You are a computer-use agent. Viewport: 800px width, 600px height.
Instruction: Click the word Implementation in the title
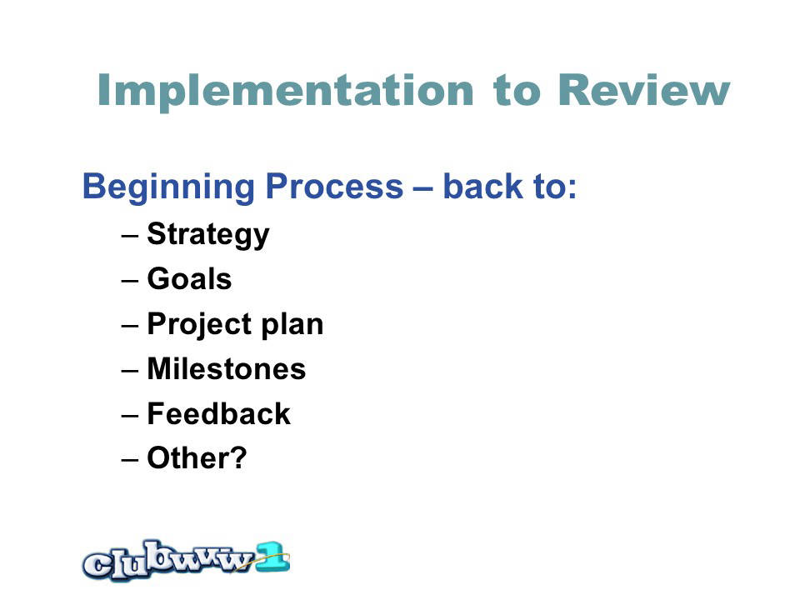pyautogui.click(x=286, y=92)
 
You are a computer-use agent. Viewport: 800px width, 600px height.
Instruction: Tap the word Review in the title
pyautogui.click(x=644, y=90)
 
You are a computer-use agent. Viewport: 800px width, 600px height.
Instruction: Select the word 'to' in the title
pyautogui.click(x=517, y=92)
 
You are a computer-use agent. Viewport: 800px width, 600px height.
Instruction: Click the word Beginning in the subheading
pyautogui.click(x=168, y=187)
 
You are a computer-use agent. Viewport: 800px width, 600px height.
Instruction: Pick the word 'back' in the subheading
pyautogui.click(x=482, y=186)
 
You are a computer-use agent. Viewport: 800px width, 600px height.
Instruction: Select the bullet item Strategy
pyautogui.click(x=208, y=235)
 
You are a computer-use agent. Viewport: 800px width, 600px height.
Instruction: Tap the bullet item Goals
pyautogui.click(x=189, y=278)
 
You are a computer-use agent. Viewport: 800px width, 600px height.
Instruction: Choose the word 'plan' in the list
pyautogui.click(x=292, y=324)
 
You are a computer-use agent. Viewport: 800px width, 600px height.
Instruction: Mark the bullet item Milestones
pyautogui.click(x=227, y=368)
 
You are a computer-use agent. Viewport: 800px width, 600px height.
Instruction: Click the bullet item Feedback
pyautogui.click(x=218, y=413)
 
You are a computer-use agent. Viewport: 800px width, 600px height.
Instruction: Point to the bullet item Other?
pyautogui.click(x=197, y=457)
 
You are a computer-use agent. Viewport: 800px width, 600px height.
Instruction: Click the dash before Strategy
pyautogui.click(x=130, y=236)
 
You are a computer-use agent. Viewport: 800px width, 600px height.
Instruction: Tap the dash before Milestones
pyautogui.click(x=130, y=370)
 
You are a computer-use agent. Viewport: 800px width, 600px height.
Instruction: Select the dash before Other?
pyautogui.click(x=130, y=460)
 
